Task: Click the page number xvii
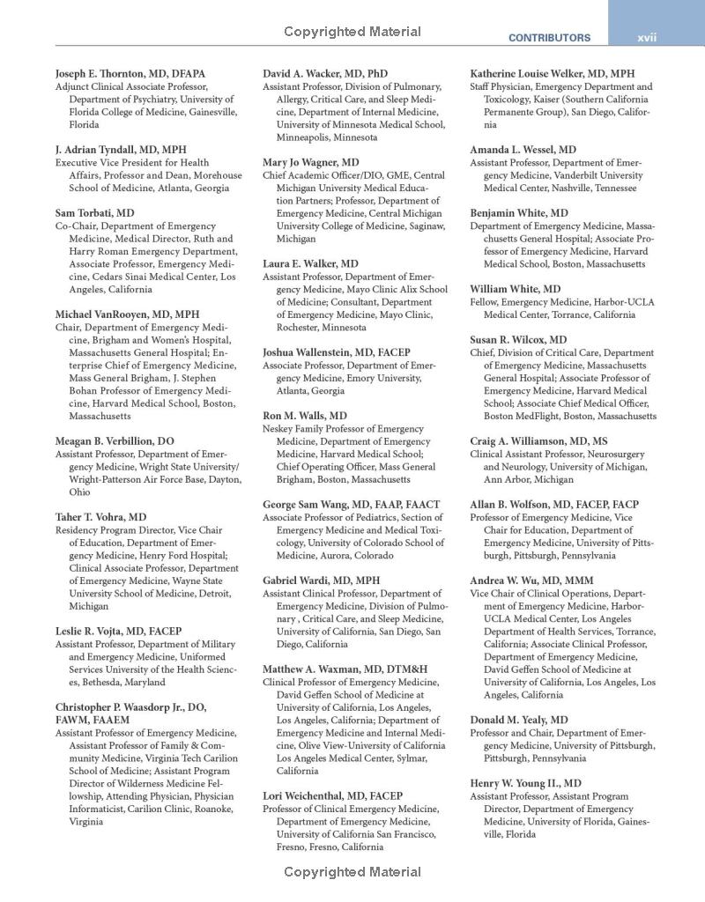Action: [x=647, y=38]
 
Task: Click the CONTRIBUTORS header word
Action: [x=549, y=39]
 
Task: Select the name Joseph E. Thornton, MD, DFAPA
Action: [x=130, y=74]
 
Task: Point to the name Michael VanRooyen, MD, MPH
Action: [x=128, y=314]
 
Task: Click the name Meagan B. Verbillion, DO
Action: [x=115, y=441]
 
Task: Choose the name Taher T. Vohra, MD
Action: [x=101, y=517]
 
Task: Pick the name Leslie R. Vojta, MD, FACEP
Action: [x=119, y=632]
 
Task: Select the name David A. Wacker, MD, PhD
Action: [x=325, y=74]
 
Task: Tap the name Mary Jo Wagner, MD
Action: [x=311, y=162]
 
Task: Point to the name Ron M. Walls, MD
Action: [x=305, y=416]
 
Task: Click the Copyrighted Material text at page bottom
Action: [x=352, y=873]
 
